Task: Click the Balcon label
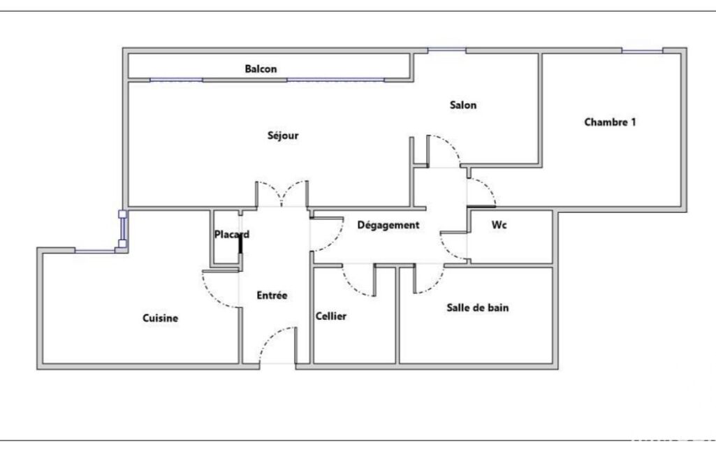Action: (261, 69)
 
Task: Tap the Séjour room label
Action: (283, 136)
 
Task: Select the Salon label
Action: (463, 105)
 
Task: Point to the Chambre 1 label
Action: (610, 122)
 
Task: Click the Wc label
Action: (499, 225)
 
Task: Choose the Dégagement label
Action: (388, 225)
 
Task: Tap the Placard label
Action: (232, 235)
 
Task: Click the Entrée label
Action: (272, 295)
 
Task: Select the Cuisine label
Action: (160, 318)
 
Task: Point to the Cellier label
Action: (331, 316)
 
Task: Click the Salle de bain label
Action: (478, 308)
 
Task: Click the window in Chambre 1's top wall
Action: (642, 51)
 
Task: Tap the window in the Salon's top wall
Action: (447, 50)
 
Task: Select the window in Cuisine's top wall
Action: (95, 250)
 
